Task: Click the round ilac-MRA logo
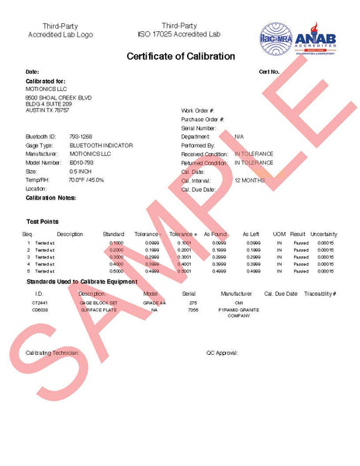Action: point(276,38)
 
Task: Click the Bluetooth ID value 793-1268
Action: point(81,137)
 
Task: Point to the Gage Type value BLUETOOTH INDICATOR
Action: point(101,145)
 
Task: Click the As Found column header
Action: point(216,234)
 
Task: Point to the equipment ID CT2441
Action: point(40,302)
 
